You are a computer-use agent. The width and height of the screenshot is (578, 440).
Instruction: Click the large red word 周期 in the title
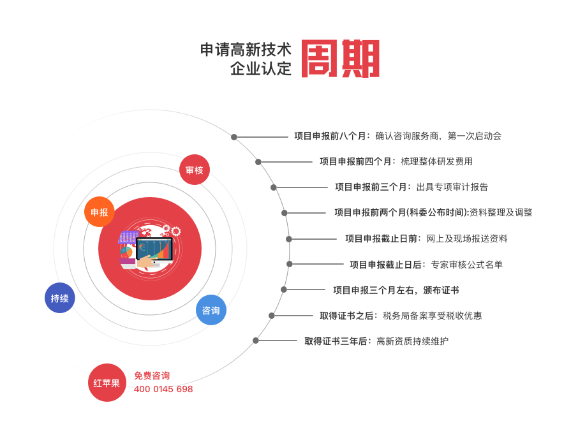(x=341, y=59)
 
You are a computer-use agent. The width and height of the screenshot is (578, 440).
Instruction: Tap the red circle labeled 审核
(x=195, y=170)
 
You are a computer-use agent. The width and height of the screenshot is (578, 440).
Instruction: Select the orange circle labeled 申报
(x=100, y=212)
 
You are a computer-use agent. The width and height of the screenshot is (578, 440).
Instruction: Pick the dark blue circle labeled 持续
(x=60, y=298)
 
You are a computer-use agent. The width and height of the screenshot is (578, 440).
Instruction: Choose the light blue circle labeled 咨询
(x=211, y=310)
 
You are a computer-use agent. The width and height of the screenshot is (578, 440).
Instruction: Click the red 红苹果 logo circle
(x=107, y=383)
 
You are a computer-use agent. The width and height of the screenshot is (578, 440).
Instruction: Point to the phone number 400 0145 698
(x=163, y=389)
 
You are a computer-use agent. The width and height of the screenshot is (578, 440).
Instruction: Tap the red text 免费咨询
(x=152, y=376)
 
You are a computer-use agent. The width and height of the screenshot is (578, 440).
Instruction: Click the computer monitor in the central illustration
(x=154, y=250)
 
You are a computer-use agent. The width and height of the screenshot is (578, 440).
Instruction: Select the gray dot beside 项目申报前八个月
(x=233, y=137)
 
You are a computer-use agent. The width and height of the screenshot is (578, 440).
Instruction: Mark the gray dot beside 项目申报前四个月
(x=258, y=162)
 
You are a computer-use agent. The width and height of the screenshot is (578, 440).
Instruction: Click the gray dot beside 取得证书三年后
(x=256, y=341)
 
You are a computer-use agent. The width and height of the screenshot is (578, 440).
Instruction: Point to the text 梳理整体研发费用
(x=437, y=161)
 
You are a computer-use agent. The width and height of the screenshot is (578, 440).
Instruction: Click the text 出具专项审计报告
(x=452, y=187)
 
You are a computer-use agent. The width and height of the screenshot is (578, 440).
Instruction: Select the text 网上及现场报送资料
(x=467, y=238)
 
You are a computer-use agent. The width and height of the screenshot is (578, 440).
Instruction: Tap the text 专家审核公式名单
(x=467, y=265)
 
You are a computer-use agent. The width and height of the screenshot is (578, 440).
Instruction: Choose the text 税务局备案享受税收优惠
(x=433, y=316)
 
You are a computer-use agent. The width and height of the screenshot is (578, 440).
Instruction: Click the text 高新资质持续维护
(x=413, y=341)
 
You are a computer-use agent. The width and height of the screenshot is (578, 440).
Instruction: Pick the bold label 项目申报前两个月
(x=370, y=212)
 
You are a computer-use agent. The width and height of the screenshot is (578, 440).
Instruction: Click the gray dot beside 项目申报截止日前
(x=289, y=239)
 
